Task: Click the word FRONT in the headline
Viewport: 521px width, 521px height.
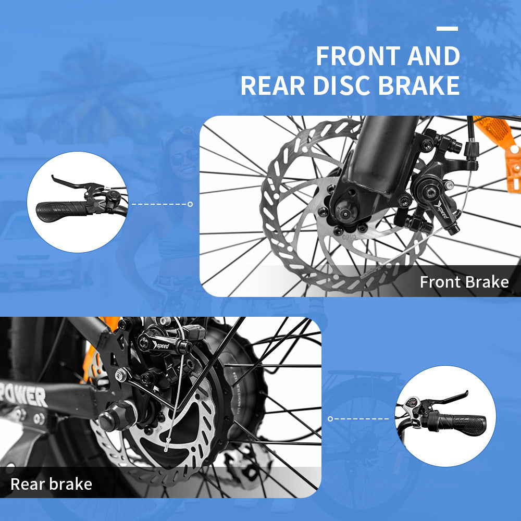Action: (x=358, y=56)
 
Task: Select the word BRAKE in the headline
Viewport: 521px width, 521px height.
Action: (x=419, y=85)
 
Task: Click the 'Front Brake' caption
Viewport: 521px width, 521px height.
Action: (x=464, y=282)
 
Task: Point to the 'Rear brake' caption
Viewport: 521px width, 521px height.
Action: (x=51, y=484)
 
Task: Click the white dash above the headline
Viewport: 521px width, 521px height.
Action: (x=447, y=29)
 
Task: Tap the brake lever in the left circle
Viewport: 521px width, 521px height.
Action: (x=75, y=184)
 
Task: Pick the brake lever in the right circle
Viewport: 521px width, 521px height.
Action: (x=449, y=399)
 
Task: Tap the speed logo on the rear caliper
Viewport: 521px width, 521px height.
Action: (x=161, y=345)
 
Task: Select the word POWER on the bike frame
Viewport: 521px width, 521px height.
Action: (x=24, y=395)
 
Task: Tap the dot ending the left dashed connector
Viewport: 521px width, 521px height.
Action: (x=190, y=204)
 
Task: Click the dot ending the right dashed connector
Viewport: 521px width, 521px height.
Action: (x=330, y=419)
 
